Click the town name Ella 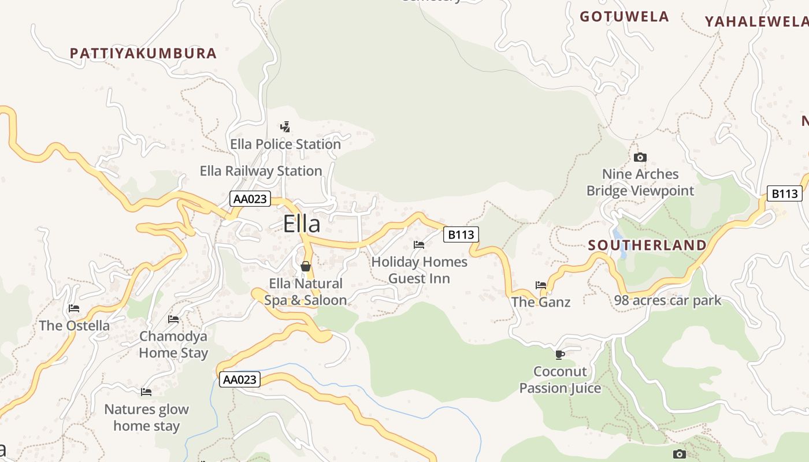pyautogui.click(x=301, y=224)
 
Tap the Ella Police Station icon pyautogui.click(x=285, y=126)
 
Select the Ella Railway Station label pyautogui.click(x=261, y=171)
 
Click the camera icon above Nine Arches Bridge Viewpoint pyautogui.click(x=640, y=157)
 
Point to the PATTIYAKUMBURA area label pyautogui.click(x=143, y=54)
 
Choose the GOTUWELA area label pyautogui.click(x=624, y=17)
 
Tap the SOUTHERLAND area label pyautogui.click(x=647, y=245)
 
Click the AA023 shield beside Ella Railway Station pyautogui.click(x=250, y=199)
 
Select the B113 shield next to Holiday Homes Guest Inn pyautogui.click(x=461, y=234)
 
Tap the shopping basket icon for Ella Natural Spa pyautogui.click(x=306, y=266)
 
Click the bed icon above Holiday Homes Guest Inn pyautogui.click(x=419, y=245)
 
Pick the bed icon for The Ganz pyautogui.click(x=541, y=285)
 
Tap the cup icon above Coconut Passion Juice pyautogui.click(x=559, y=354)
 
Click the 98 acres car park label pyautogui.click(x=667, y=300)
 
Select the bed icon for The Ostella pyautogui.click(x=73, y=308)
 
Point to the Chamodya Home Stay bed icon pyautogui.click(x=173, y=319)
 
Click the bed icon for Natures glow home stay pyautogui.click(x=146, y=392)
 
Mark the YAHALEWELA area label pyautogui.click(x=756, y=22)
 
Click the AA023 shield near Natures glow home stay pyautogui.click(x=239, y=379)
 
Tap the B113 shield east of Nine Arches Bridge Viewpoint pyautogui.click(x=785, y=193)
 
